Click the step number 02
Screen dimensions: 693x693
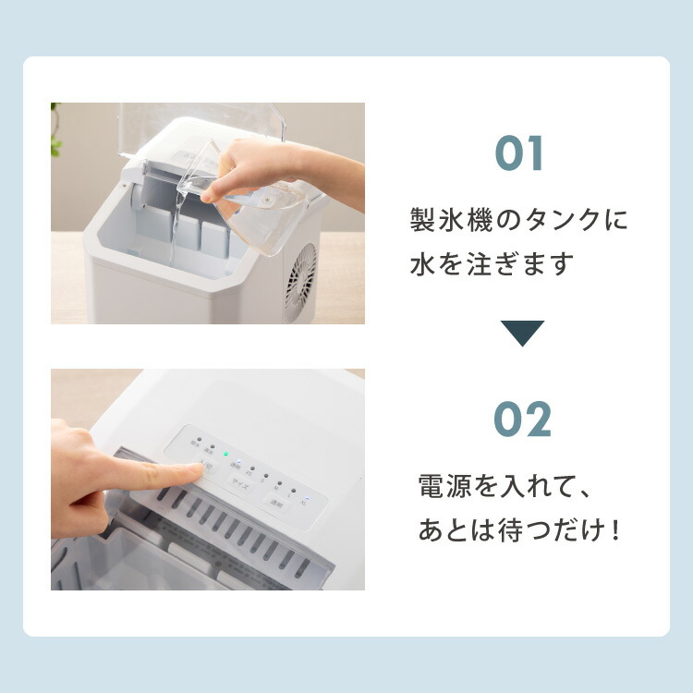522,420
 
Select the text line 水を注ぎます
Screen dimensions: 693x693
492,264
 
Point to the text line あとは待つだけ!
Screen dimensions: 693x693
518,531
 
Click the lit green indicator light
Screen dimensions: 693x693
225,454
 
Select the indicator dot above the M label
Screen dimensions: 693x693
280,482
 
